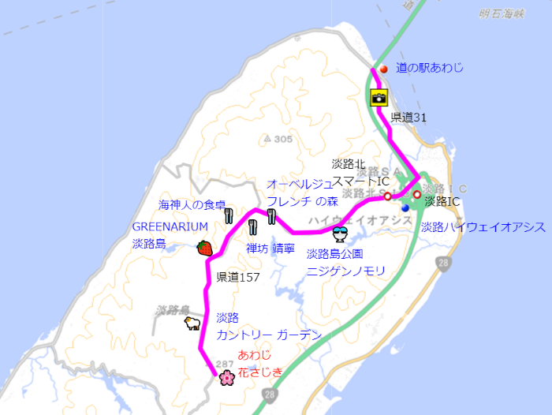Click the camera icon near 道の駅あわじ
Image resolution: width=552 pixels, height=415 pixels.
[x=379, y=99]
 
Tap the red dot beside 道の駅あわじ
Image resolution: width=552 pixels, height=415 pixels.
[x=384, y=69]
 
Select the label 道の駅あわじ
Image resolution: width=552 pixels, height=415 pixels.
[x=429, y=69]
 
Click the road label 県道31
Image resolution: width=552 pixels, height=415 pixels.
[x=408, y=118]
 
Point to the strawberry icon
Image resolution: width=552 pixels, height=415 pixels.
[x=205, y=248]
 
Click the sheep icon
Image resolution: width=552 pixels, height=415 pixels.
[x=192, y=323]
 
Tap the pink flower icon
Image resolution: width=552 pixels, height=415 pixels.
[x=227, y=378]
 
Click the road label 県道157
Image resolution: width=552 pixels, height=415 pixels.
[x=238, y=278]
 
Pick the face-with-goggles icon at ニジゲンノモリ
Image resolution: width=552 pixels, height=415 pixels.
[x=341, y=234]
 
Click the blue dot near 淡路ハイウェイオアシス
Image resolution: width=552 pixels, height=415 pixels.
[x=405, y=208]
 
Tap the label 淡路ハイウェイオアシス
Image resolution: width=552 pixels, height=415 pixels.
[x=483, y=227]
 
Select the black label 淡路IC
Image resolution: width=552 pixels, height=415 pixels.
[x=442, y=202]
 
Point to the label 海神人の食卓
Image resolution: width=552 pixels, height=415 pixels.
[x=192, y=204]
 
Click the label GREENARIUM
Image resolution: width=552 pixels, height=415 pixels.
[x=170, y=227]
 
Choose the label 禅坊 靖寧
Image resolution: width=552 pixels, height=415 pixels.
[x=270, y=249]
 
